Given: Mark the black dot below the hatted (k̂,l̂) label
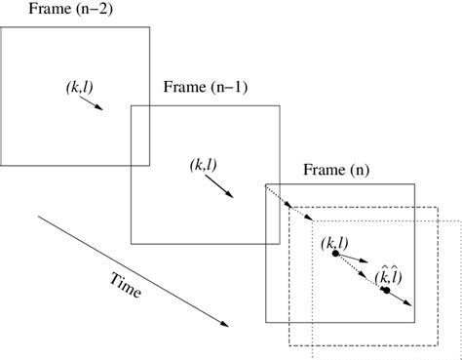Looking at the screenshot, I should coord(386,290).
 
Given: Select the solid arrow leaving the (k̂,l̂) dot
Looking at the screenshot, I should coord(401,299).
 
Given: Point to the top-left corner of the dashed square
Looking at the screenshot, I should coord(289,206).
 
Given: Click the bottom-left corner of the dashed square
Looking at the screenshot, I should coord(289,346).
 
